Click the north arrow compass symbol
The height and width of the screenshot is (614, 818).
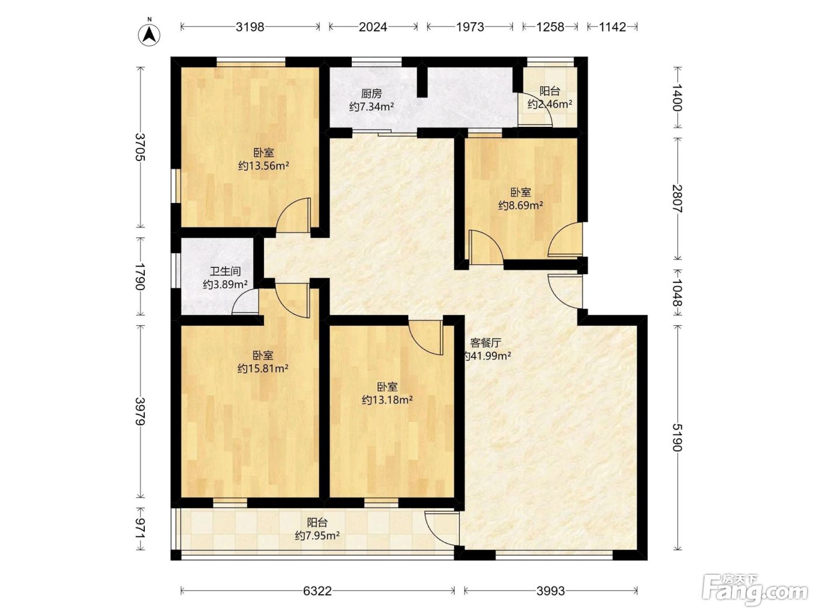coord(149,35)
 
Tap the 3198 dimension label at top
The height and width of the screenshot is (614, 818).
coord(249,27)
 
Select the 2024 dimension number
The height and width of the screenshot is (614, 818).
coord(373,27)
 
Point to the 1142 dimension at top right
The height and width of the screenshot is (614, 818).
coord(612,27)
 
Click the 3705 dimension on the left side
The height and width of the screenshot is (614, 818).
coord(140,147)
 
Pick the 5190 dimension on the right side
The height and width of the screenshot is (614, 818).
coord(677,437)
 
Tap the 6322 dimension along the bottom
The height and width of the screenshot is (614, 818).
coord(317,591)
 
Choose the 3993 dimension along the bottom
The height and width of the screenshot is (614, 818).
coord(551,591)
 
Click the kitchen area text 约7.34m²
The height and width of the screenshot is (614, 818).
coord(372,107)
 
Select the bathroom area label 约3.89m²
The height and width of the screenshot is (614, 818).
coord(225,284)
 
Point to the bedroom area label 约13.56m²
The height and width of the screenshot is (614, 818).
coord(264,165)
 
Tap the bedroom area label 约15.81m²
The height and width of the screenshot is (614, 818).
coord(263,368)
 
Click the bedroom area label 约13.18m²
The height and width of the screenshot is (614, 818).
coord(387,399)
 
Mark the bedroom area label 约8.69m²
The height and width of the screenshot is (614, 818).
coord(521,205)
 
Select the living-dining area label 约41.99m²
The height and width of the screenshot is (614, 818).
coord(487,356)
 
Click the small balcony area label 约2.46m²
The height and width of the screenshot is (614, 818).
coord(550,104)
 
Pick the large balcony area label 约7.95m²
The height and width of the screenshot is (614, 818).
coord(317,536)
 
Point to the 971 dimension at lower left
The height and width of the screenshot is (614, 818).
coord(140,528)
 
